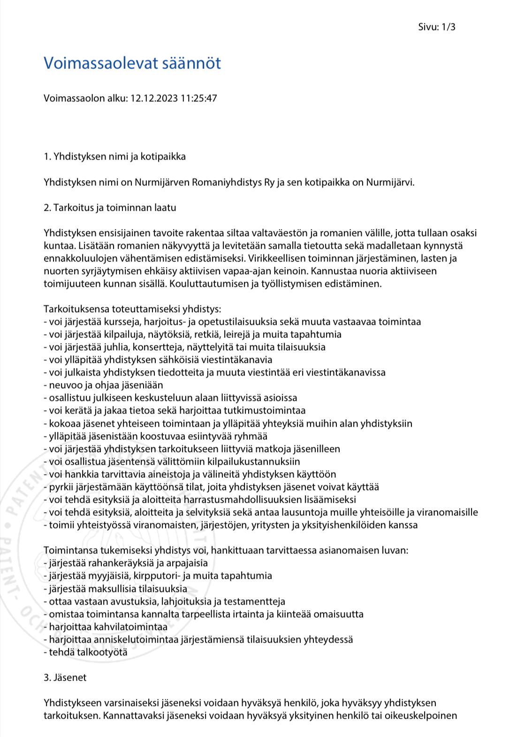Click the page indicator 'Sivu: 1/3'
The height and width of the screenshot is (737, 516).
[436, 27]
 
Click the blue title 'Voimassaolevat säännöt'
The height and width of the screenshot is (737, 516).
[132, 63]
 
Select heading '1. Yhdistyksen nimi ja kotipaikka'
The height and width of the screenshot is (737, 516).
[114, 156]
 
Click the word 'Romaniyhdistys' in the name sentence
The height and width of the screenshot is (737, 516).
[228, 182]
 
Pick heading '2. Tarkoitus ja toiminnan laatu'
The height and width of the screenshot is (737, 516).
[110, 207]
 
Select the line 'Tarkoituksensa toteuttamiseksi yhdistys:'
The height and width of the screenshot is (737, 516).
[132, 309]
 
